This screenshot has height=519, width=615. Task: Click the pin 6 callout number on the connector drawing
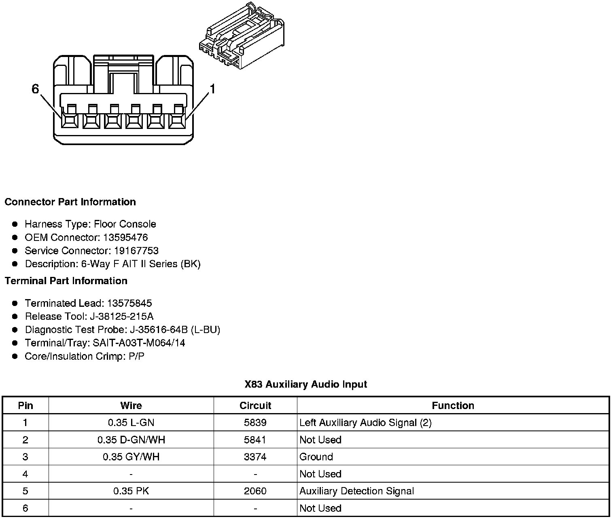pyautogui.click(x=35, y=89)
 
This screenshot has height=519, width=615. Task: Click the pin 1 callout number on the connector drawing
pyautogui.click(x=212, y=89)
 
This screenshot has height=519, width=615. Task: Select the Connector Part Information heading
pyautogui.click(x=70, y=202)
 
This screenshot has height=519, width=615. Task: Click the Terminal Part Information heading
pyautogui.click(x=66, y=281)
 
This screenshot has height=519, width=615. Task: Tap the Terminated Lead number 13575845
pyautogui.click(x=129, y=303)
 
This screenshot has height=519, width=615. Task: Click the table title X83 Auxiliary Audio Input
pyautogui.click(x=305, y=384)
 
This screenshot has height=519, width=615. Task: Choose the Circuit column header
pyautogui.click(x=255, y=406)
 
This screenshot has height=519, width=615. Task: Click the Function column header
pyautogui.click(x=453, y=406)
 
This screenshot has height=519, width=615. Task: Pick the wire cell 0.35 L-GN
pyautogui.click(x=131, y=423)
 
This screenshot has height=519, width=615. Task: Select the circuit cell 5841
pyautogui.click(x=255, y=440)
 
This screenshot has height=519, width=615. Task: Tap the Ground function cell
pyautogui.click(x=316, y=457)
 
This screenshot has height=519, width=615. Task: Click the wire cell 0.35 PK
pyautogui.click(x=131, y=491)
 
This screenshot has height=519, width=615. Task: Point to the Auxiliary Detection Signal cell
pyautogui.click(x=356, y=491)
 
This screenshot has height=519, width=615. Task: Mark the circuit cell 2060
pyautogui.click(x=255, y=491)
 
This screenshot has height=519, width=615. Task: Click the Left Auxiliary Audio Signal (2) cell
pyautogui.click(x=365, y=423)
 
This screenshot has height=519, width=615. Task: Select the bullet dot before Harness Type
pyautogui.click(x=15, y=224)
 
